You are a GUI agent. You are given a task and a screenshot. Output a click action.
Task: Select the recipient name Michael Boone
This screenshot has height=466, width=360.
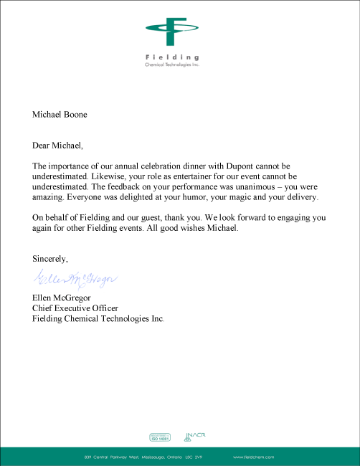coord(60,113)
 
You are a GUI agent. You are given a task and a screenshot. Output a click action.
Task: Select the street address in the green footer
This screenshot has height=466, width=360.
coord(144,456)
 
